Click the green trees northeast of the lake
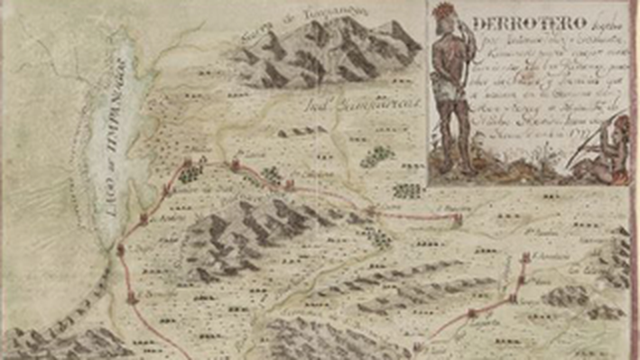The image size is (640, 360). coord(189,174)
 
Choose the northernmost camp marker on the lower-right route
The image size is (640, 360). coord(526,260)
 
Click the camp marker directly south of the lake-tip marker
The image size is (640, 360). coord(133,296)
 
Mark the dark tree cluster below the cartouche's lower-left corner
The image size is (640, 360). coord(408,190)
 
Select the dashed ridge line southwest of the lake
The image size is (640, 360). coord(45,307)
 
